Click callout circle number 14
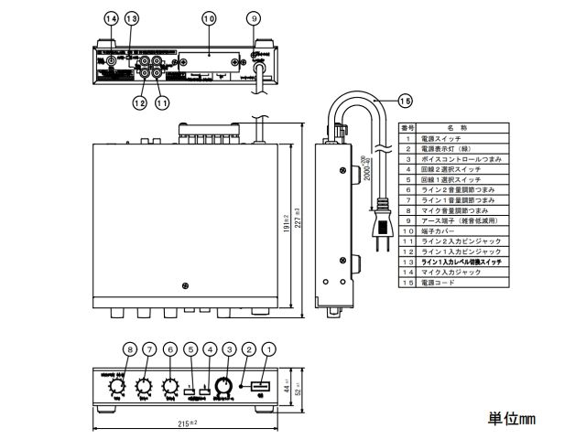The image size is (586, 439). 111,18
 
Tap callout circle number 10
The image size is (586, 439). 208,18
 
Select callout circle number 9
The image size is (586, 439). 254,18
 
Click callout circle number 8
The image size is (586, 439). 129,348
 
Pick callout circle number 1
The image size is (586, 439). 268,348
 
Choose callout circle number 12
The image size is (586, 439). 140,103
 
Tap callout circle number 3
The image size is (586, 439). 229,348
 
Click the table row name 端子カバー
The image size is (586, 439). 439,230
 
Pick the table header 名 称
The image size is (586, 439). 457,127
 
